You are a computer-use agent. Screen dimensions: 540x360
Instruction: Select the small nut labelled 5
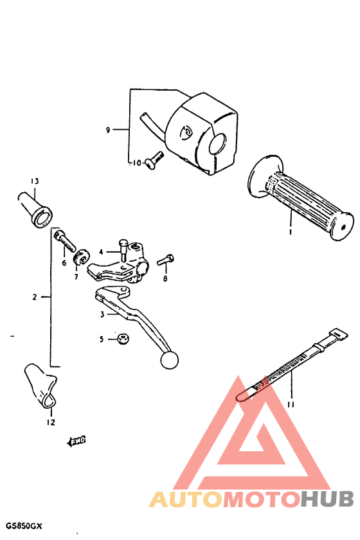(120, 339)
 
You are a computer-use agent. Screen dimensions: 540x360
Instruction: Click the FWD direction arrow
(76, 440)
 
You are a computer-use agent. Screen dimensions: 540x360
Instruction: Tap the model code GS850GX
(24, 526)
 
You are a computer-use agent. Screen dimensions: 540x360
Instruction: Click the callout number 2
(35, 297)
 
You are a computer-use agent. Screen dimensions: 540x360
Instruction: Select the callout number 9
(108, 130)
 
